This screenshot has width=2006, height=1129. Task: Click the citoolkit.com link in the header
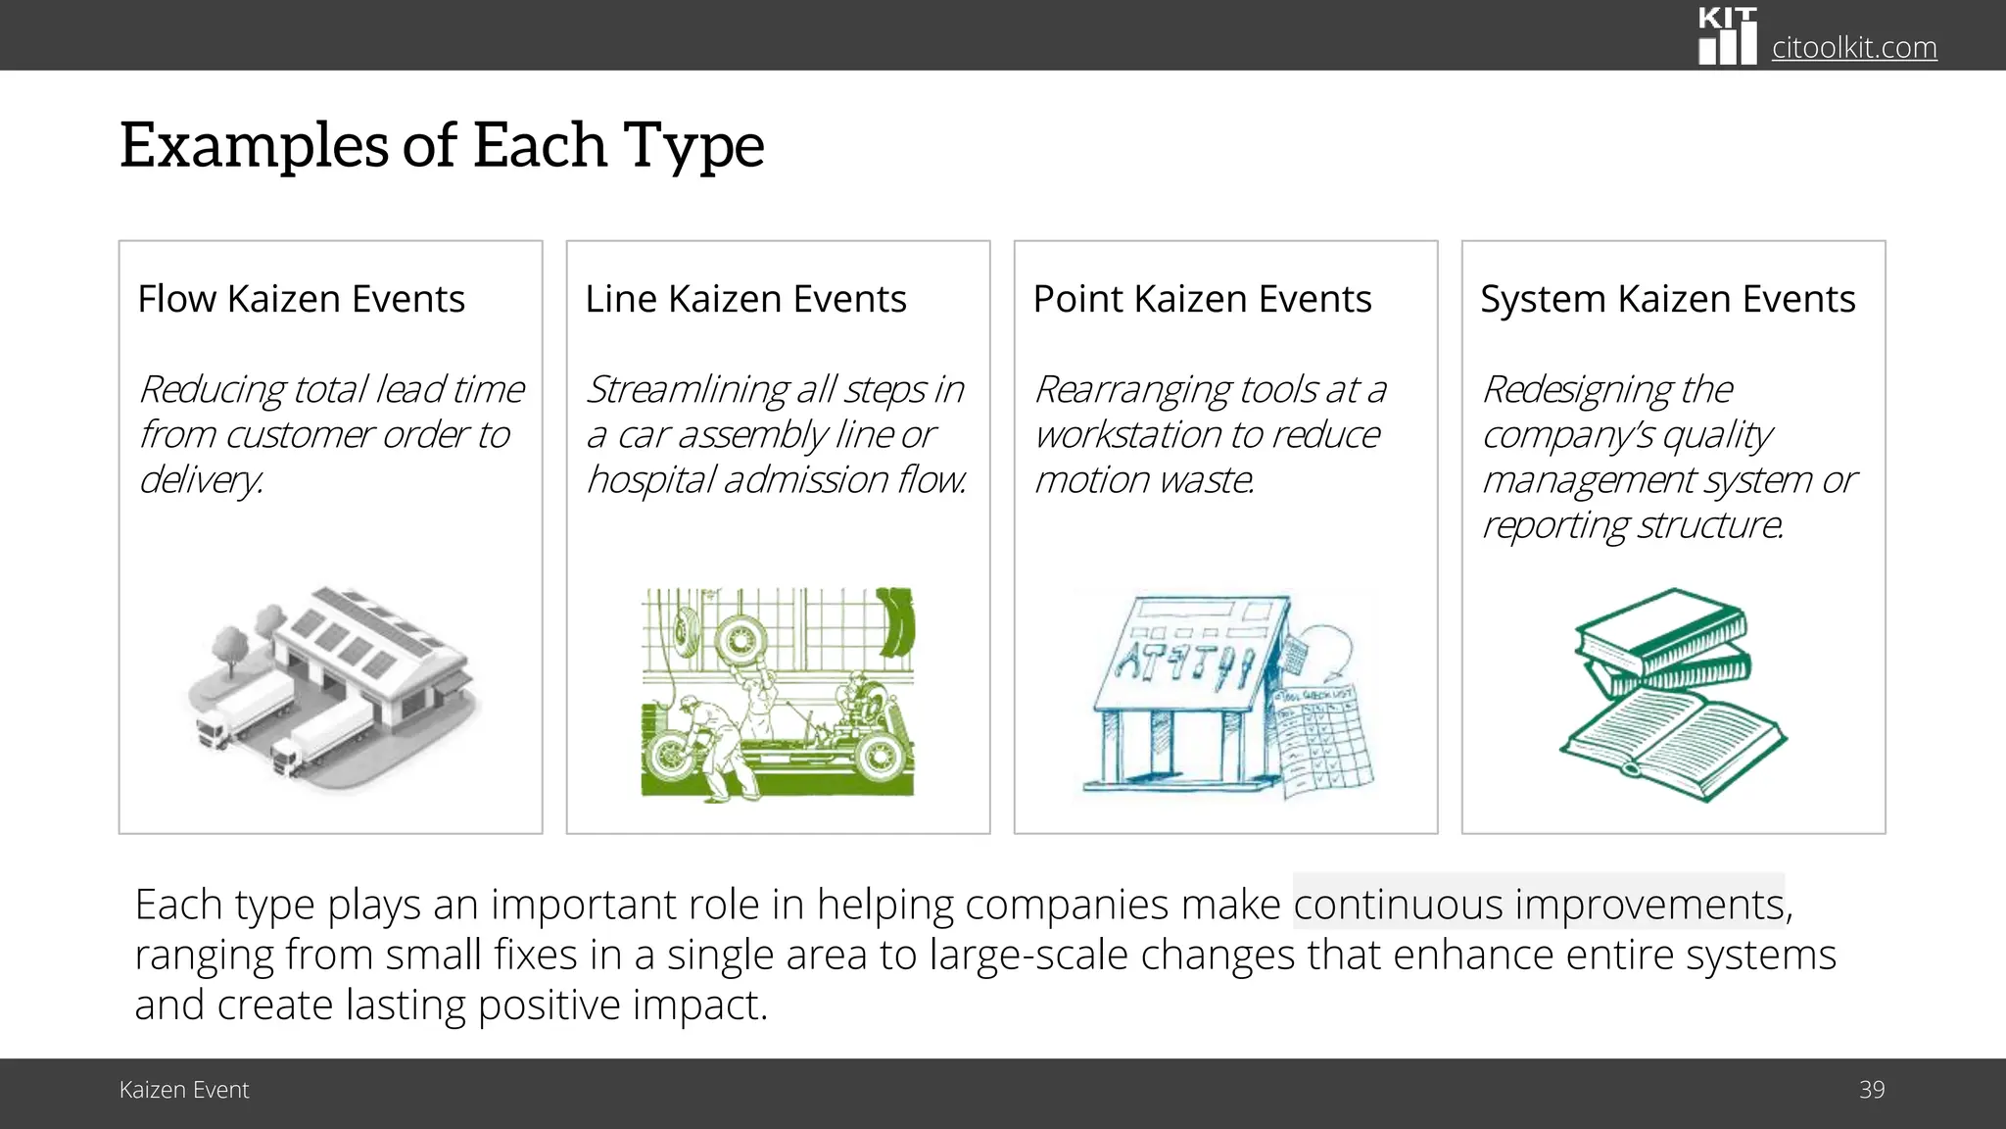tap(1853, 47)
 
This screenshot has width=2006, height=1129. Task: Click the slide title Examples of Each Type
tap(442, 145)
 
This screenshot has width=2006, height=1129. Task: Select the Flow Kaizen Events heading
tap(301, 299)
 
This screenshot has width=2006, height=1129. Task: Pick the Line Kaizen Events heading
tap(745, 299)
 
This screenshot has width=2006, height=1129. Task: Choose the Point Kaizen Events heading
tap(1202, 299)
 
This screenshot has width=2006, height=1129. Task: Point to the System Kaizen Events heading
tap(1667, 299)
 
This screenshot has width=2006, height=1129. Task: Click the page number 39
tap(1871, 1090)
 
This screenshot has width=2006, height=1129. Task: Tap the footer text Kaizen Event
tap(184, 1090)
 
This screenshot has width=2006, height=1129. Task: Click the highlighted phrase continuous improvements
tap(1538, 904)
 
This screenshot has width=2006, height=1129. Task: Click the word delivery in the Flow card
tap(201, 480)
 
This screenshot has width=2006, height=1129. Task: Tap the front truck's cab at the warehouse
tap(285, 758)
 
